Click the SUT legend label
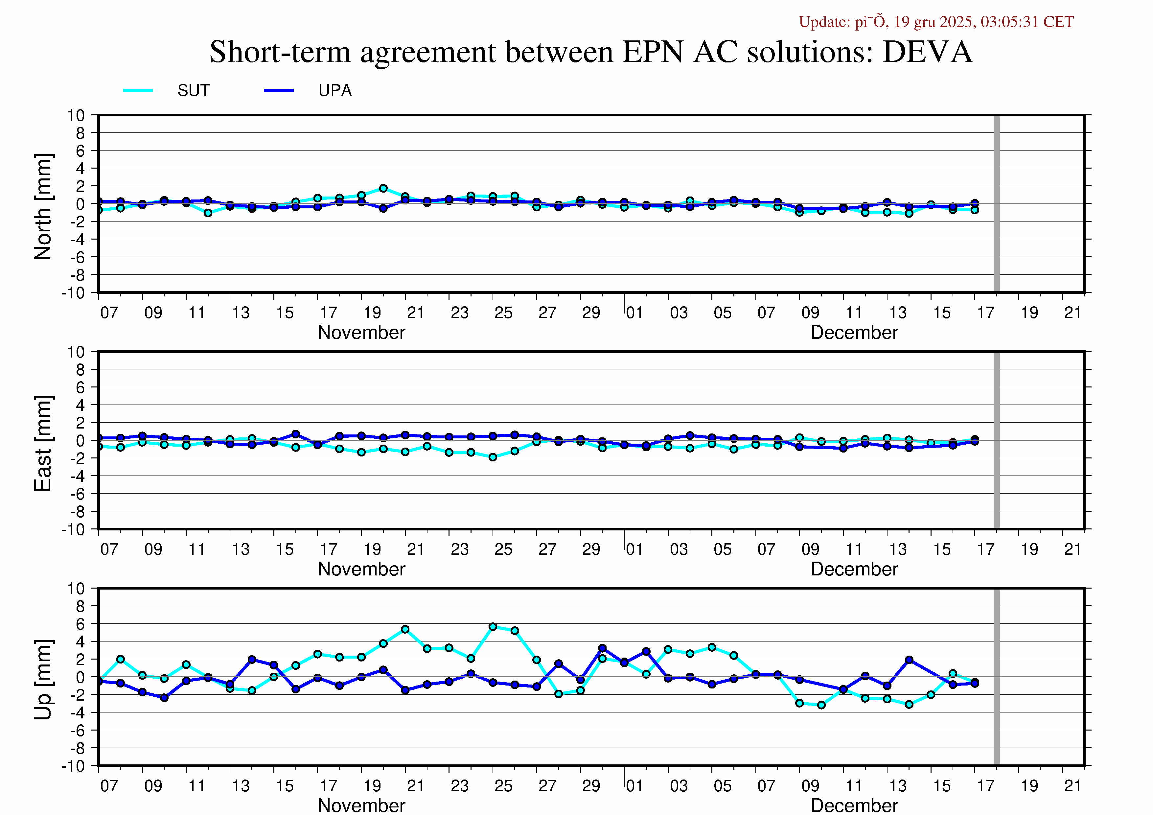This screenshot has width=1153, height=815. click(x=193, y=91)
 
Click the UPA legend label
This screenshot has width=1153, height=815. click(x=335, y=91)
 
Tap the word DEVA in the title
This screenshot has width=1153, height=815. click(x=927, y=52)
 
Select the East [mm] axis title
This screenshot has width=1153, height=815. click(x=43, y=443)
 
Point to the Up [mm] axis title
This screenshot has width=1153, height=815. click(x=43, y=679)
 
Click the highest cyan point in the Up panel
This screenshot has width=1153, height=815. click(x=493, y=627)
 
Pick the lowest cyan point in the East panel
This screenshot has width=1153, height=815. click(x=493, y=457)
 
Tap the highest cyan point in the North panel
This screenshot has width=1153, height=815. click(x=383, y=188)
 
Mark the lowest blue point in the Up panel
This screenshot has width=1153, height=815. click(x=164, y=697)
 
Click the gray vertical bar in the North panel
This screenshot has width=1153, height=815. click(x=996, y=203)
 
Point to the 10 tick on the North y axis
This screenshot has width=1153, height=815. click(x=76, y=115)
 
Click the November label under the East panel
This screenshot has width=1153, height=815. click(x=361, y=569)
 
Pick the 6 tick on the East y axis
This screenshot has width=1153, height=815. click(x=81, y=387)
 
